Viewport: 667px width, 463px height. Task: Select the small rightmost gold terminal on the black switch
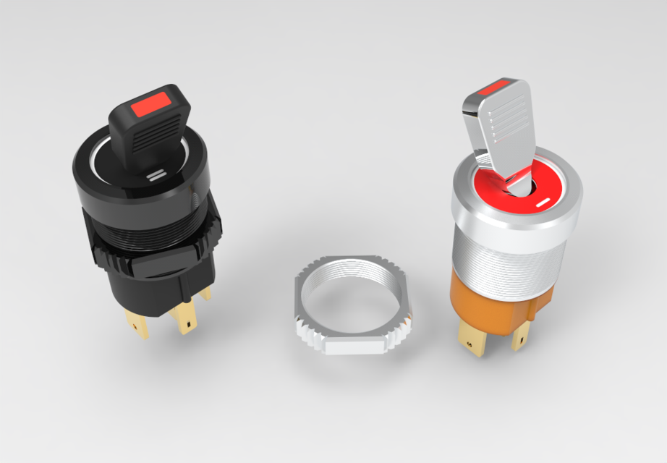205,292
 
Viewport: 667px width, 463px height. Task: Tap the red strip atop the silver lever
494,89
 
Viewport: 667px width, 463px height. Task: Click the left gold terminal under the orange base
472,340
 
